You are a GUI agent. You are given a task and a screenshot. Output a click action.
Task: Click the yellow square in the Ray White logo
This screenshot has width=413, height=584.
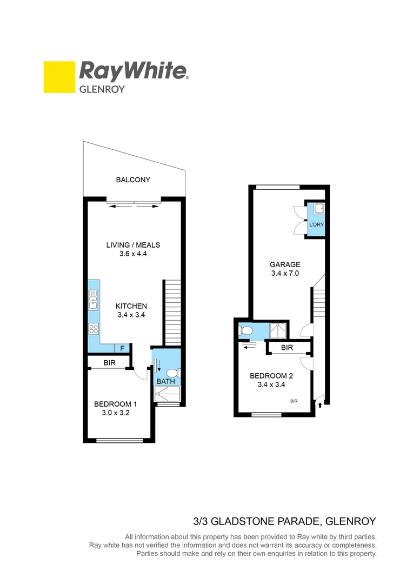click(x=58, y=77)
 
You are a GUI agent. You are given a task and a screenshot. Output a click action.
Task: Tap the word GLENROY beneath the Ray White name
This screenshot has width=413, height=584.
click(x=102, y=89)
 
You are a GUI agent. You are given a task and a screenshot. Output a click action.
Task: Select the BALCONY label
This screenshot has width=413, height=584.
click(x=133, y=180)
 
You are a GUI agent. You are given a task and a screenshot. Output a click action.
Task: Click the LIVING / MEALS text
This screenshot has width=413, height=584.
click(x=133, y=245)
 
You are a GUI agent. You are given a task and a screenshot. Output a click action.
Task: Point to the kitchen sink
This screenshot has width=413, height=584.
click(x=94, y=299)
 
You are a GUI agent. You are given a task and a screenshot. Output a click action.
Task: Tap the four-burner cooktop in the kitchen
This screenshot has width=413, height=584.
click(x=94, y=328)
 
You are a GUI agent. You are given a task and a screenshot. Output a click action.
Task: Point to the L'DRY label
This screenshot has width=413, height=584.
click(x=316, y=224)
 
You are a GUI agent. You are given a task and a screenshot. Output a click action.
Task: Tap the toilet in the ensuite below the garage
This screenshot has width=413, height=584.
click(x=245, y=329)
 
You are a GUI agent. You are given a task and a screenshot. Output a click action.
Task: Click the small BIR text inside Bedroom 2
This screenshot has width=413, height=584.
click(x=294, y=401)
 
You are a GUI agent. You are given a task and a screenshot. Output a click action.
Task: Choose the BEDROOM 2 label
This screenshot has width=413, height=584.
click(x=272, y=376)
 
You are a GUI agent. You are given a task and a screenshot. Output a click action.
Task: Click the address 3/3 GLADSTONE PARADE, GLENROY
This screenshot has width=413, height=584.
click(x=284, y=521)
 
